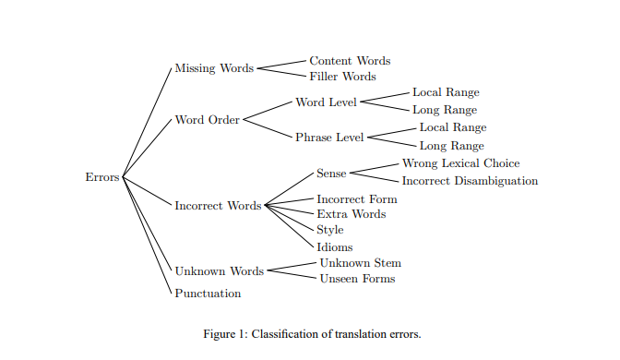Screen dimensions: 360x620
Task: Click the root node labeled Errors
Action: [x=101, y=177]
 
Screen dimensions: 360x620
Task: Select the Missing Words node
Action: [x=214, y=68]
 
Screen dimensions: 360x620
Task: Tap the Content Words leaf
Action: [x=350, y=61]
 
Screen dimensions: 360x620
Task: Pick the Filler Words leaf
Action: [x=342, y=77]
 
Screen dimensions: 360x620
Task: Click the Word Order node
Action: [x=207, y=120]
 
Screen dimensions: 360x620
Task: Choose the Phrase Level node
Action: [x=329, y=138]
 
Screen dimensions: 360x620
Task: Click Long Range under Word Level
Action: [x=445, y=110]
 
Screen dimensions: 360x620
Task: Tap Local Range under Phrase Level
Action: [x=452, y=127]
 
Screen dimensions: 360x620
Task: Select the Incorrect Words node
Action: [x=218, y=205]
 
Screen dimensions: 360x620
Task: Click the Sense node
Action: [x=331, y=173]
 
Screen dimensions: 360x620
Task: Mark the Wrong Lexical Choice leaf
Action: [x=460, y=163]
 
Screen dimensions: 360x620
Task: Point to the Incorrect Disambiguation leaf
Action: [x=470, y=181]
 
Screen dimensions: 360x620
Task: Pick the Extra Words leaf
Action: [x=351, y=214]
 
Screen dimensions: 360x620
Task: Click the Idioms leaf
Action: [x=334, y=247]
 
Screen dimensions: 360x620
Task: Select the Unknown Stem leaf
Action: [x=360, y=263]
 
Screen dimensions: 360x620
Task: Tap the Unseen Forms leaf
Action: [x=357, y=279]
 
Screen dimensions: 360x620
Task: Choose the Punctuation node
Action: [x=208, y=294]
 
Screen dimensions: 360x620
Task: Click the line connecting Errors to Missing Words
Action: [x=148, y=122]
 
